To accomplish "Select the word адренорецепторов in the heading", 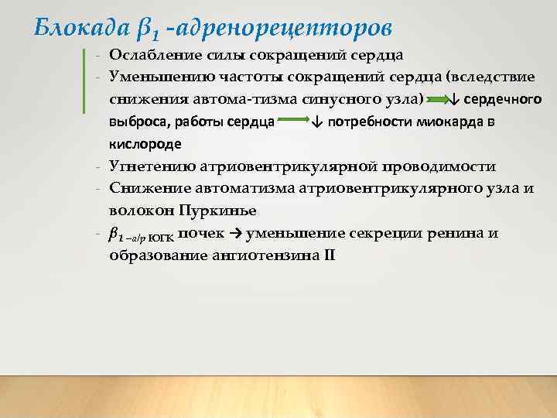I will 285,28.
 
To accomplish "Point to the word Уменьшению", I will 155,77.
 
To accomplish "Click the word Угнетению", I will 152,166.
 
